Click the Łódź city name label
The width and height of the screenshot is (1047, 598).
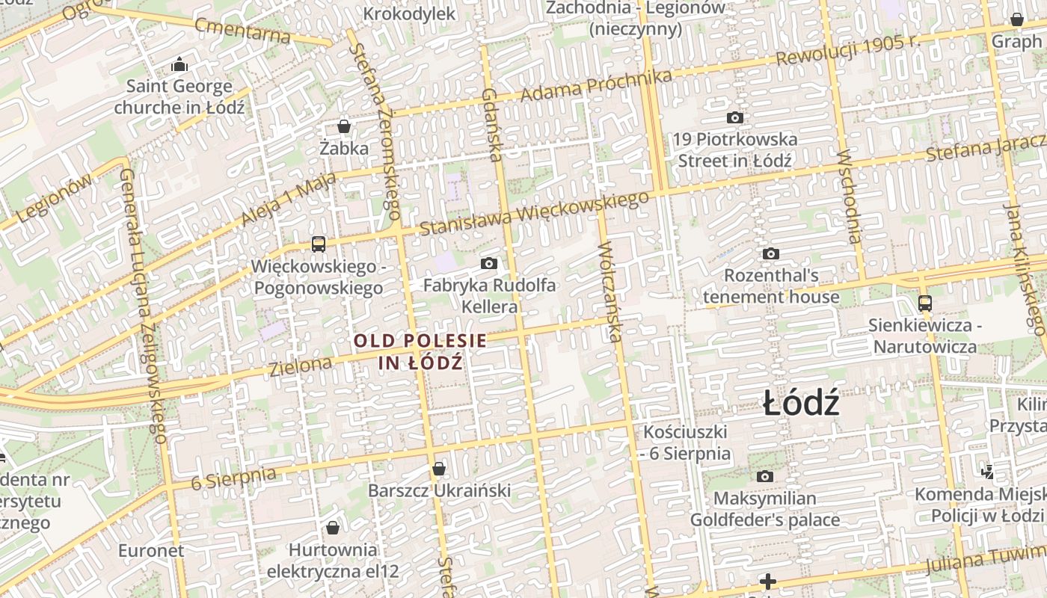tap(802, 404)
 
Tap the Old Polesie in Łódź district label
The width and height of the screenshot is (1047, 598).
tap(420, 352)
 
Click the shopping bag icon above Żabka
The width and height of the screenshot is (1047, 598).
tap(344, 126)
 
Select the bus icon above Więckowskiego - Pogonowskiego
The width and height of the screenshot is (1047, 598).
tap(318, 244)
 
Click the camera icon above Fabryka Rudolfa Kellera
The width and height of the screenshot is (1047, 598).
tap(489, 263)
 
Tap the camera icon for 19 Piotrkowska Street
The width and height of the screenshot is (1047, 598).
tap(735, 117)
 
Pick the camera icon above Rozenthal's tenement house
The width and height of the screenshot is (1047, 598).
tap(771, 253)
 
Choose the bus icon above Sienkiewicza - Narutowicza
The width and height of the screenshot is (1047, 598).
tap(925, 303)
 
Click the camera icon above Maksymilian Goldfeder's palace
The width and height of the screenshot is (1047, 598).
tap(764, 476)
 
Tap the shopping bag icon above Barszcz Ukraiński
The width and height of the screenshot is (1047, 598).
tap(439, 469)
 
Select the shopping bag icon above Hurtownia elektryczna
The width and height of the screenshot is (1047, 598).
tap(333, 528)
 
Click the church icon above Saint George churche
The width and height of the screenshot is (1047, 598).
tap(179, 65)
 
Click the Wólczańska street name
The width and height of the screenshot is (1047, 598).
tap(611, 291)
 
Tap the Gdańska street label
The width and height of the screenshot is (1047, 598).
tap(491, 125)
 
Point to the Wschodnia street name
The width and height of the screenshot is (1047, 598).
tap(850, 197)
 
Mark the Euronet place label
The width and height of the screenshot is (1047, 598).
tap(151, 551)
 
